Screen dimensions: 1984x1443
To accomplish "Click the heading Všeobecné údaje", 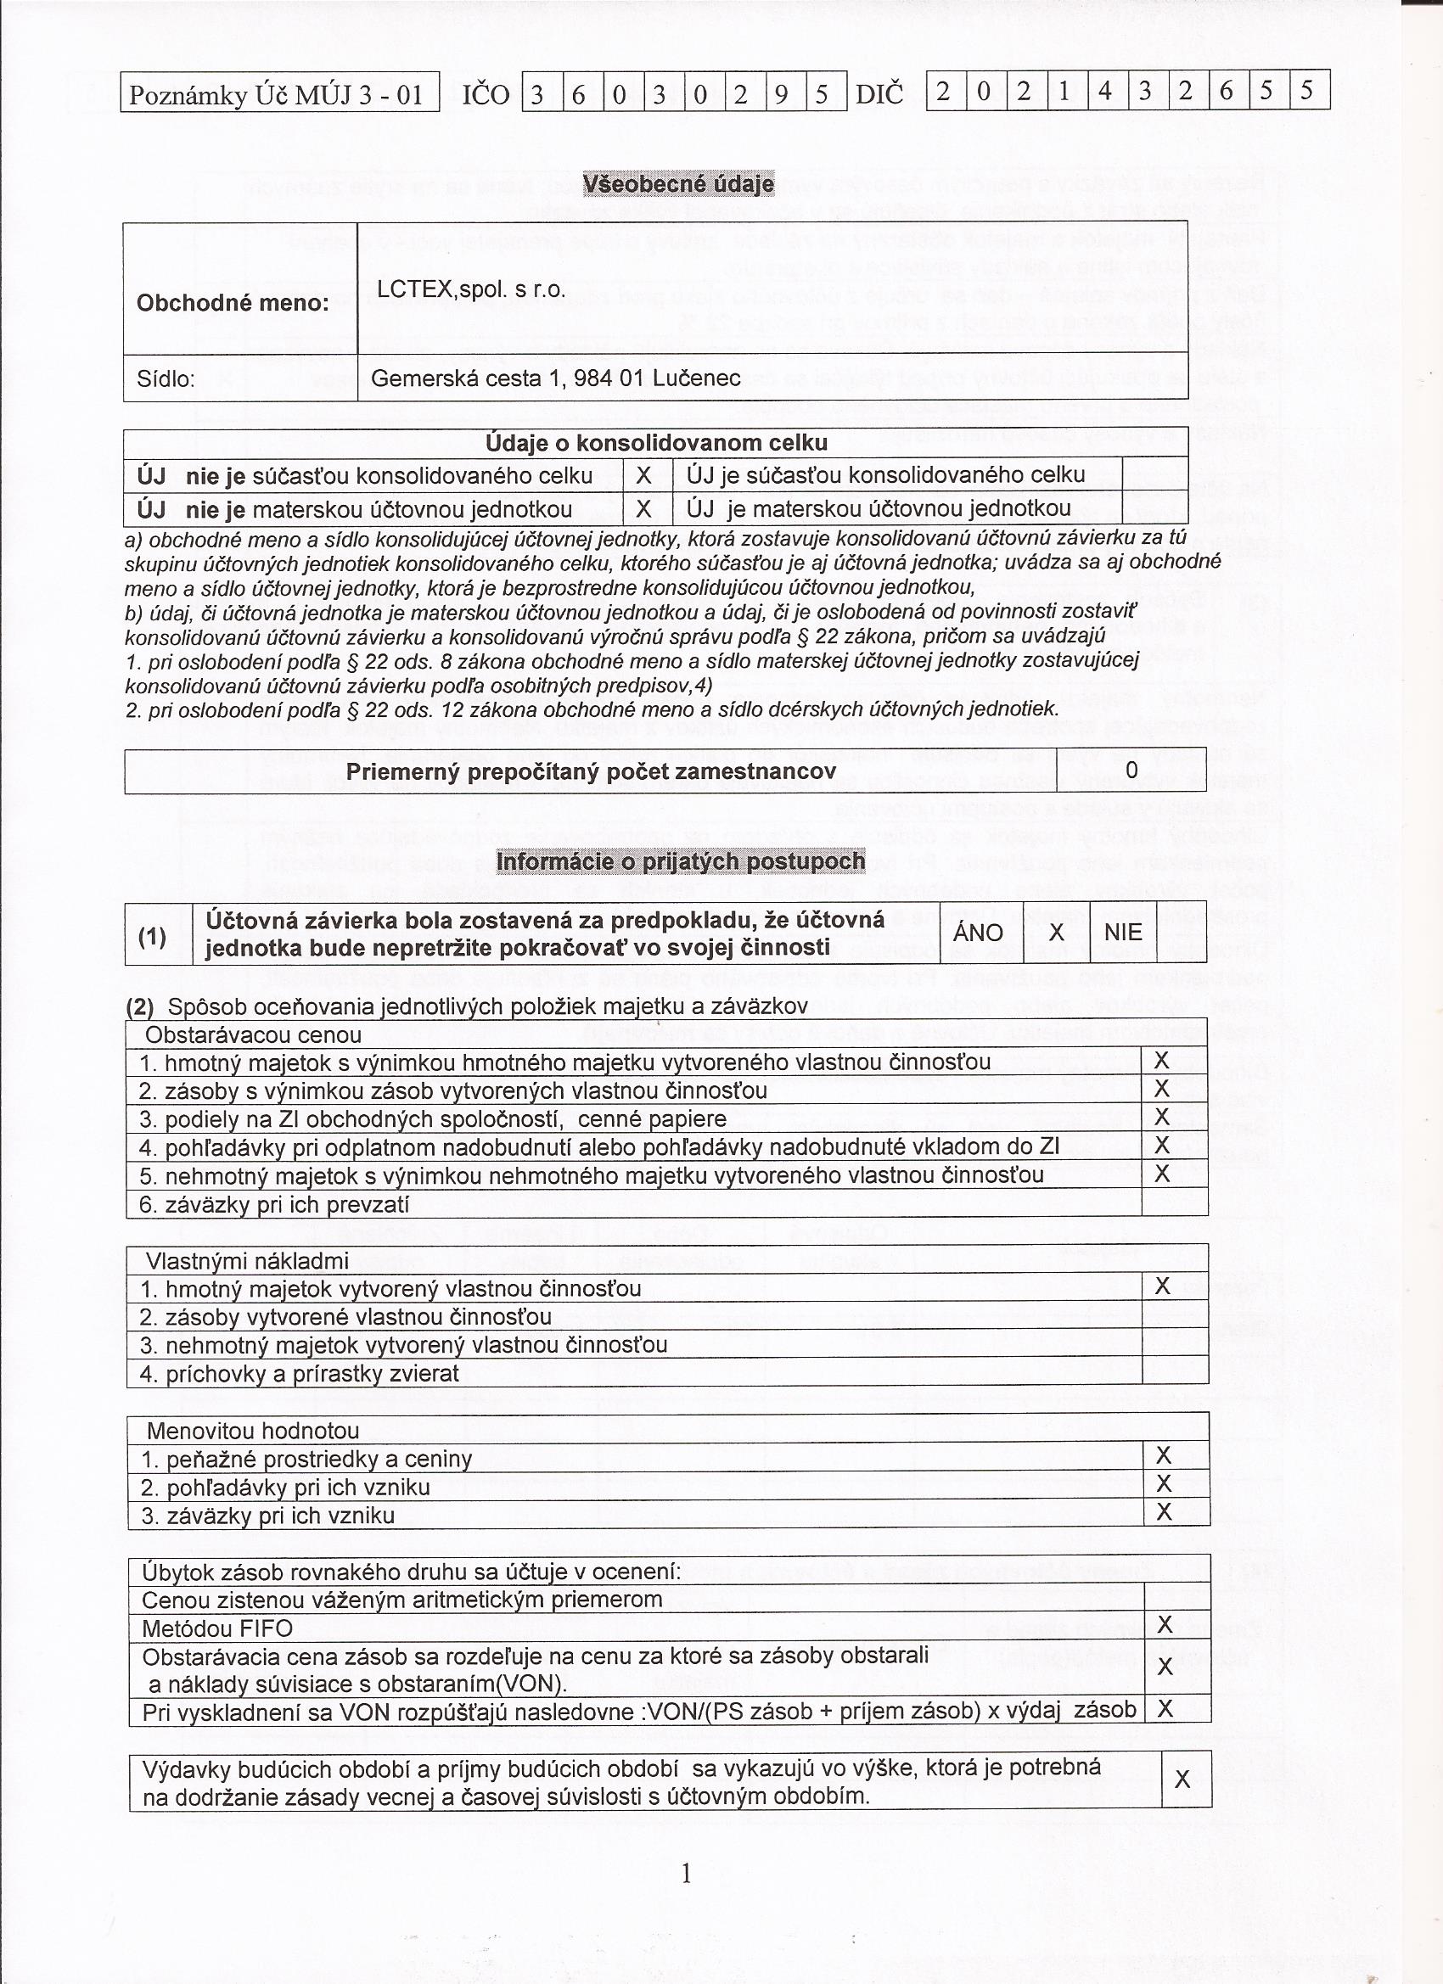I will click(678, 183).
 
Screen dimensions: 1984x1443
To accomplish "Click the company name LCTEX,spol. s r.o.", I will click(471, 289).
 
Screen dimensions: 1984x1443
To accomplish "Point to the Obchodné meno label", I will click(233, 304).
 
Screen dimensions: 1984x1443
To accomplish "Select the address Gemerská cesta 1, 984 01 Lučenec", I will click(556, 378).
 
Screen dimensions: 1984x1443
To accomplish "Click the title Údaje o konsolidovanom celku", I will click(655, 443).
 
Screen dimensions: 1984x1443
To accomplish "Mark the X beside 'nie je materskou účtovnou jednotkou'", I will click(643, 509).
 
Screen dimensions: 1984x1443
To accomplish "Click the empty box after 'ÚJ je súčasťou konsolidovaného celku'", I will click(1154, 475).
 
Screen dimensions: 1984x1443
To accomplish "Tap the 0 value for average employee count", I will click(1131, 771).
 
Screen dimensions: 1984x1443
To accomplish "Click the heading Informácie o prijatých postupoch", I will click(680, 861).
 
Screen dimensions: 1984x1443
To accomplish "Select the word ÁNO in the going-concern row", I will click(978, 933).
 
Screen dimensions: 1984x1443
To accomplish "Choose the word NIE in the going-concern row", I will click(1123, 933).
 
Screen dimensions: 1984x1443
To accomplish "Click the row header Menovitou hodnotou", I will click(253, 1431).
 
